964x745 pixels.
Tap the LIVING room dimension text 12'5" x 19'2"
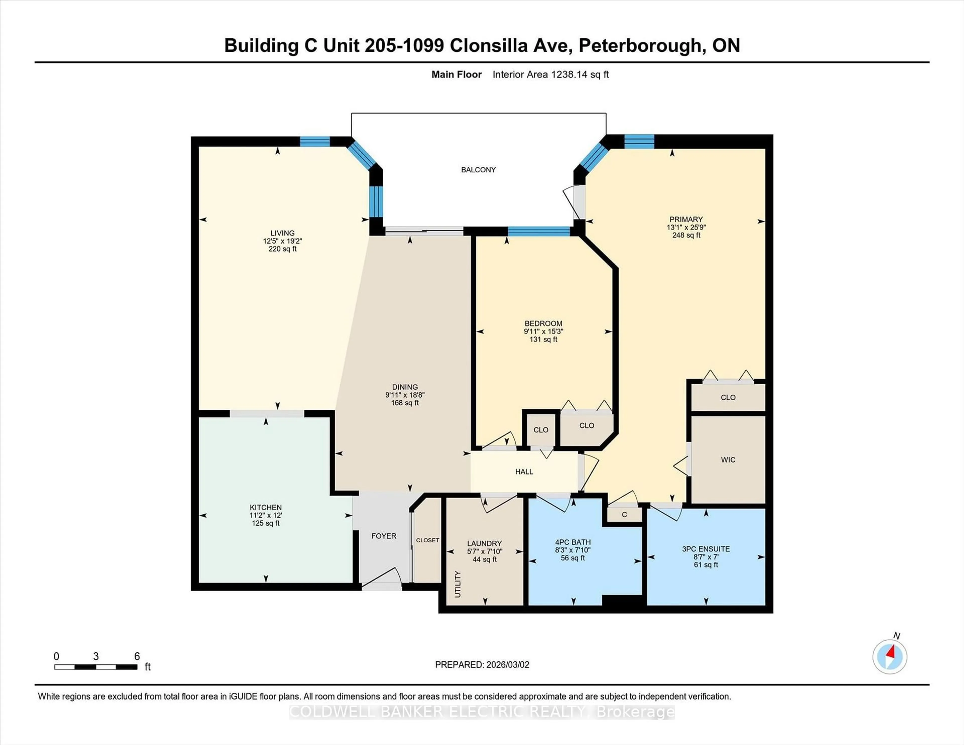pyautogui.click(x=282, y=241)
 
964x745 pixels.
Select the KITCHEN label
pyautogui.click(x=265, y=507)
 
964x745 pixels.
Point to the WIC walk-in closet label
pyautogui.click(x=728, y=459)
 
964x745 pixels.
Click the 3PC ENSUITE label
pyautogui.click(x=706, y=549)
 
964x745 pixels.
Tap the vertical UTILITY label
pyautogui.click(x=458, y=584)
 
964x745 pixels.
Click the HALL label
pyautogui.click(x=524, y=471)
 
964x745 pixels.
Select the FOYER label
pyautogui.click(x=384, y=536)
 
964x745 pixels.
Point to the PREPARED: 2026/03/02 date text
pyautogui.click(x=482, y=664)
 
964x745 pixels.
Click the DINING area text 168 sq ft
pyautogui.click(x=405, y=403)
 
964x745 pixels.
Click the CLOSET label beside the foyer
pyautogui.click(x=427, y=540)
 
